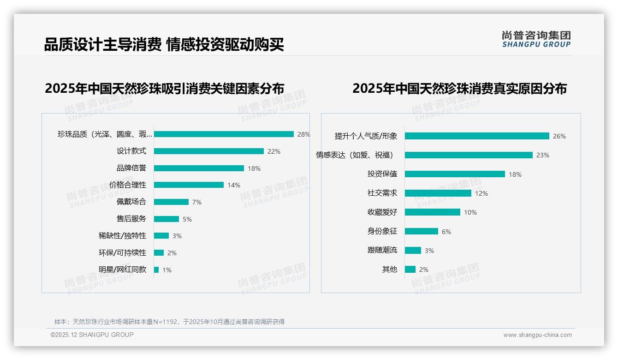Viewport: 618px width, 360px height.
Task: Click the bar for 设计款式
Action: tap(208, 151)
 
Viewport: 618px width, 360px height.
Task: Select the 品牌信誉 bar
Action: tap(199, 168)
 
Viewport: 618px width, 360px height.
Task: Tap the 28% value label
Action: tap(303, 134)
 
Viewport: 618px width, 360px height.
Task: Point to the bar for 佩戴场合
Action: tap(171, 202)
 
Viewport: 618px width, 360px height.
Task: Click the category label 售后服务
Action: tap(131, 219)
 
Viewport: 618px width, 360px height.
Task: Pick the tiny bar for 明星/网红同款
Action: tap(156, 270)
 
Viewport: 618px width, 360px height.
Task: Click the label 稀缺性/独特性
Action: tap(122, 236)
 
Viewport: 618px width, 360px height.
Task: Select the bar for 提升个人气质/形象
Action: tap(477, 136)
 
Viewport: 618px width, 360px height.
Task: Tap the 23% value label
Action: tap(542, 156)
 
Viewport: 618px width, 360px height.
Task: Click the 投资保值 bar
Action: tap(455, 174)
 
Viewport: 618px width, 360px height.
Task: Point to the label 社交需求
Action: tap(382, 193)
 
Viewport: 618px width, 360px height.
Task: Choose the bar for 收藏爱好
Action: tap(432, 212)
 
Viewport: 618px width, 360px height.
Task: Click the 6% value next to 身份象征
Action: tap(446, 232)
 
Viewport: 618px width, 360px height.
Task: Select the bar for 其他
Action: tap(410, 269)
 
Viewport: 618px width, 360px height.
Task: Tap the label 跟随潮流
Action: tap(382, 250)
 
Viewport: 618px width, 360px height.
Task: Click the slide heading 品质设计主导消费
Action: tap(102, 45)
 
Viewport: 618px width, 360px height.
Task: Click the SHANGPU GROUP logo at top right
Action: tap(536, 39)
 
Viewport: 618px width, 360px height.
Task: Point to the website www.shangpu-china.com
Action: tap(537, 335)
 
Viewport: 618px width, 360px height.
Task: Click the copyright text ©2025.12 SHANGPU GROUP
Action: tap(92, 335)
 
